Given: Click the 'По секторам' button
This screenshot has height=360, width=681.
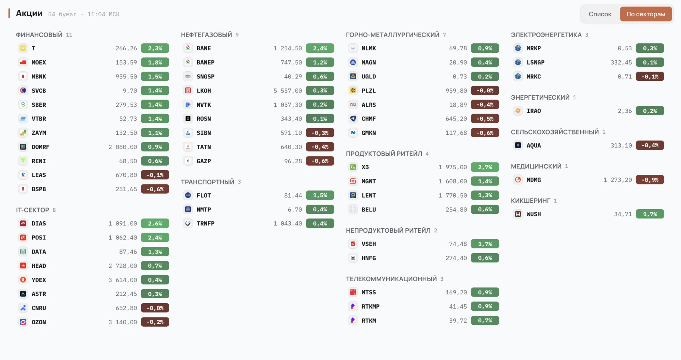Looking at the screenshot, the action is click(x=646, y=14).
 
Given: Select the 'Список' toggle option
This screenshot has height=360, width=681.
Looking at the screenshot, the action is click(x=600, y=14).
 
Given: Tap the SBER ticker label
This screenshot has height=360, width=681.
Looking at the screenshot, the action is click(x=39, y=105).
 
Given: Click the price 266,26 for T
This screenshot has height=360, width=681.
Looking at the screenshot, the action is click(x=126, y=48).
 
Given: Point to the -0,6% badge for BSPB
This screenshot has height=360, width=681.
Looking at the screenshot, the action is click(x=155, y=189).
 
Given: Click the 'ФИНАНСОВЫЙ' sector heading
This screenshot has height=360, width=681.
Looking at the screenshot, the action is click(x=39, y=35).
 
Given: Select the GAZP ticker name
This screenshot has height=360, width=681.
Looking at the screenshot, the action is click(x=204, y=161).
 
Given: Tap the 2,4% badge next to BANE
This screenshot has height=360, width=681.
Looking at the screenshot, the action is click(x=320, y=48).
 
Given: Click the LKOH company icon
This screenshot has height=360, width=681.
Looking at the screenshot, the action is click(x=188, y=90).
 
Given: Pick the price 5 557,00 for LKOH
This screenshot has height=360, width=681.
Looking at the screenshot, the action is click(x=287, y=90).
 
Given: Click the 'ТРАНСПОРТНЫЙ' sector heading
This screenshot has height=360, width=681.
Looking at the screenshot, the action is click(x=207, y=182).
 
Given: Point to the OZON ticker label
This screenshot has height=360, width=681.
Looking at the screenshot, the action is click(x=39, y=322).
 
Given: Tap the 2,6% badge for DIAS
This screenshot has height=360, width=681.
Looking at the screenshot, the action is click(x=155, y=223).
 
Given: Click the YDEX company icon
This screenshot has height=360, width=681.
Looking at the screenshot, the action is click(x=23, y=280).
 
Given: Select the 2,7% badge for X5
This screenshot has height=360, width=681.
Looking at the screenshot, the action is click(x=485, y=167).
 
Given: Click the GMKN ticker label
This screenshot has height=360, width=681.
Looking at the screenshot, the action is click(x=369, y=133).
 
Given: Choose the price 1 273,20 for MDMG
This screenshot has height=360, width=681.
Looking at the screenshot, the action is click(x=618, y=180).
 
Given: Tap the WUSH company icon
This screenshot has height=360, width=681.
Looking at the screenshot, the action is click(x=518, y=214).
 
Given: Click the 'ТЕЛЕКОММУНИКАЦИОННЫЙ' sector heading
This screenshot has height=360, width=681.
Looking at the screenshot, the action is click(x=391, y=279).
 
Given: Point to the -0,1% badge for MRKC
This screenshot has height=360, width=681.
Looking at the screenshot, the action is click(x=650, y=77).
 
